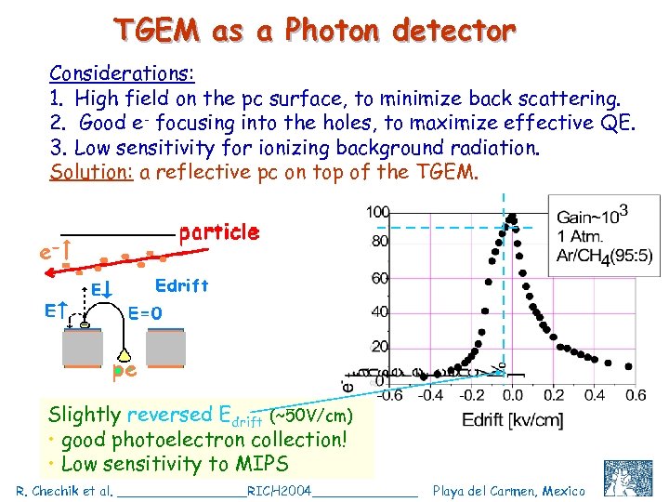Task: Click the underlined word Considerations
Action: point(119,73)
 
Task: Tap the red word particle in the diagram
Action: point(218,231)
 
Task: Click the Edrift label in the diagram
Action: point(182,284)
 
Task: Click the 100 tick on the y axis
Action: point(377,213)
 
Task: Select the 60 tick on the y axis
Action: point(380,279)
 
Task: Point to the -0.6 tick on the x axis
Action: point(389,395)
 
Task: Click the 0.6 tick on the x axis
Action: point(635,395)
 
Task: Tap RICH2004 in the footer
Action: point(280,491)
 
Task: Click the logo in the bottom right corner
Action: point(628,478)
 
